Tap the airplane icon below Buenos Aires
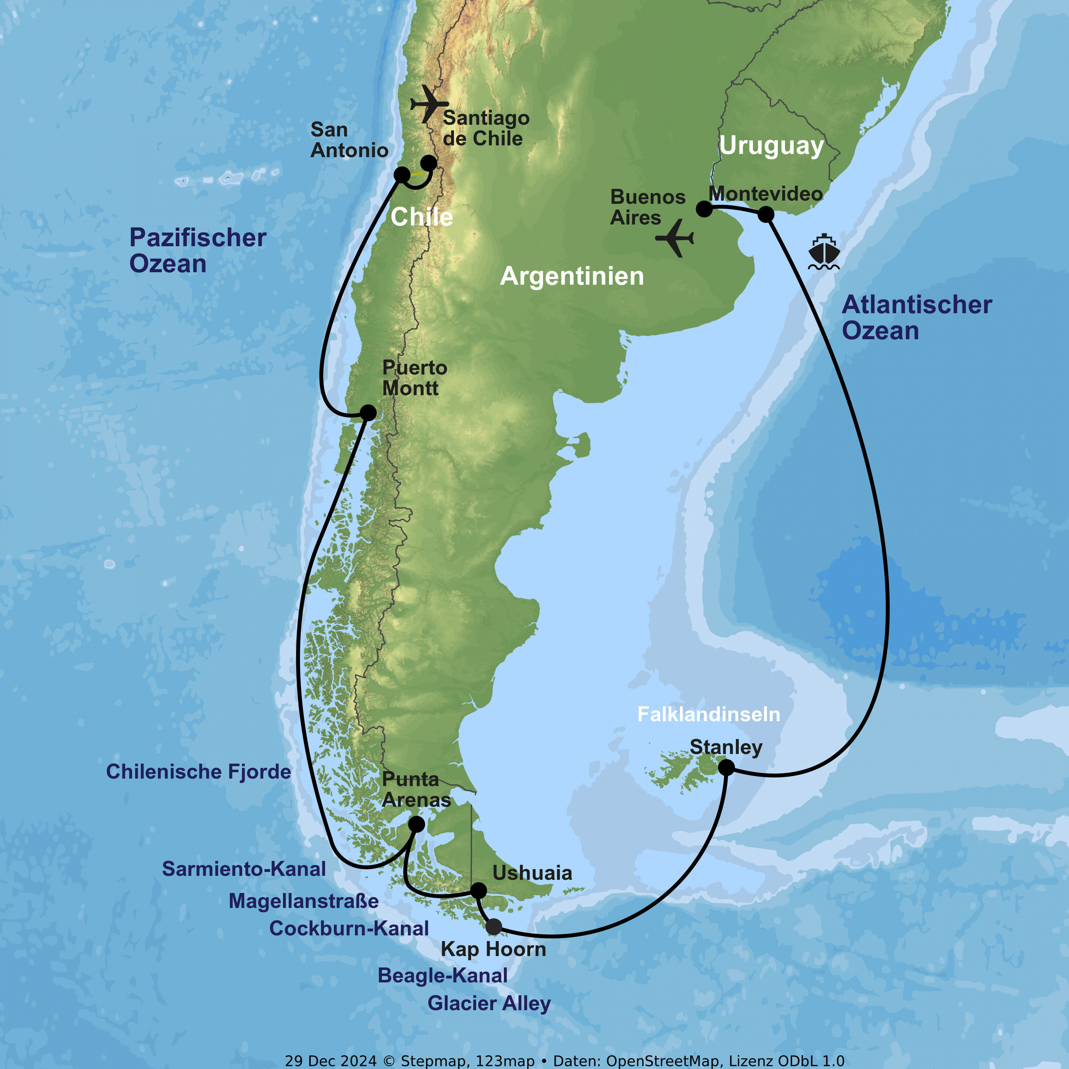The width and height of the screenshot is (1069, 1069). [675, 238]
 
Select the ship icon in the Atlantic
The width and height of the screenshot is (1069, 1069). [824, 252]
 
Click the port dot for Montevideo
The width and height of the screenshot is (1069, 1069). [766, 214]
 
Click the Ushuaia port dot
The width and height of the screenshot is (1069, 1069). [479, 890]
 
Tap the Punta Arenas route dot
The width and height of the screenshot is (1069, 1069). [417, 825]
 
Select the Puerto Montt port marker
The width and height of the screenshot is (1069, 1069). [368, 412]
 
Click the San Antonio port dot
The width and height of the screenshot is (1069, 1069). [402, 175]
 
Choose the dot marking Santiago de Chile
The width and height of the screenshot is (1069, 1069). [429, 163]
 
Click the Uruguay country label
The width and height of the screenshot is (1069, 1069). [771, 146]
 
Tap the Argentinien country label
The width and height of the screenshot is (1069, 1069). [572, 276]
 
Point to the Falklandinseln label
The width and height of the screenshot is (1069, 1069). [709, 714]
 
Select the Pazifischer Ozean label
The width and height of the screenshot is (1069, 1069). [197, 251]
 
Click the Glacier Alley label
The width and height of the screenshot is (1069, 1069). [489, 1003]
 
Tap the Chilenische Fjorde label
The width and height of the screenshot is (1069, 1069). [198, 772]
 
